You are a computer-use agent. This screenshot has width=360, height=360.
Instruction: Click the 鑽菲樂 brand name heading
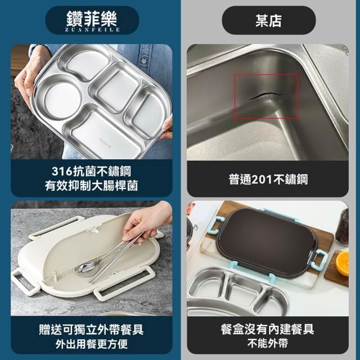pyautogui.click(x=92, y=19)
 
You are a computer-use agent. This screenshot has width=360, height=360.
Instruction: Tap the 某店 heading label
pyautogui.click(x=268, y=20)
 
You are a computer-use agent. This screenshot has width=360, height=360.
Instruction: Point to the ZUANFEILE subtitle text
pyautogui.click(x=92, y=30)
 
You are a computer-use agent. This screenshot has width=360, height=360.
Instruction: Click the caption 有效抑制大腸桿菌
pyautogui.click(x=91, y=186)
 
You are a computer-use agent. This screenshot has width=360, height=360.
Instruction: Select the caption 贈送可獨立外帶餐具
pyautogui.click(x=91, y=330)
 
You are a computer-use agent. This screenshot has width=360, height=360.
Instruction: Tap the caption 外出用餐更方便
pyautogui.click(x=91, y=344)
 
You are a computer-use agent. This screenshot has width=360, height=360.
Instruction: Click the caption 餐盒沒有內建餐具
pyautogui.click(x=268, y=329)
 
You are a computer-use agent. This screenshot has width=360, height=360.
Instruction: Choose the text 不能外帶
pyautogui.click(x=268, y=343)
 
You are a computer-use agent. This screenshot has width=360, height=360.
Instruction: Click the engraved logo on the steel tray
pyautogui.click(x=105, y=139)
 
